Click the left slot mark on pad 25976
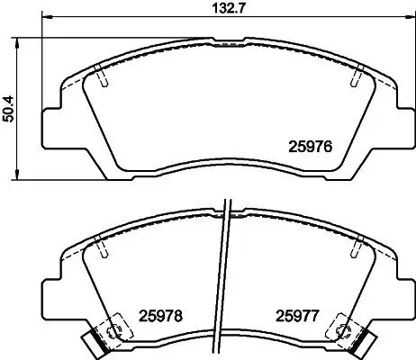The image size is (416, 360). click(104, 79)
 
